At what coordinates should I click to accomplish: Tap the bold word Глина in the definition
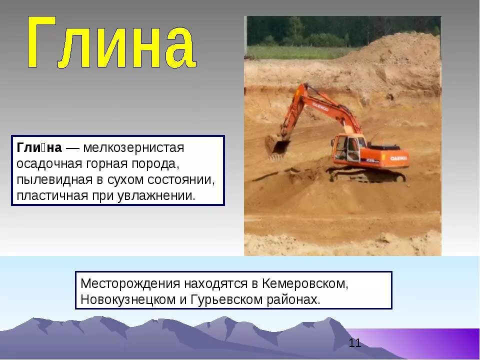coord(39,148)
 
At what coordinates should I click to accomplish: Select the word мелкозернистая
coord(134,148)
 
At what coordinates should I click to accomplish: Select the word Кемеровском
coord(304,283)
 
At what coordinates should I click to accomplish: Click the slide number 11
coord(355,343)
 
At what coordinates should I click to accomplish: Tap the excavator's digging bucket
coord(277,146)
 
